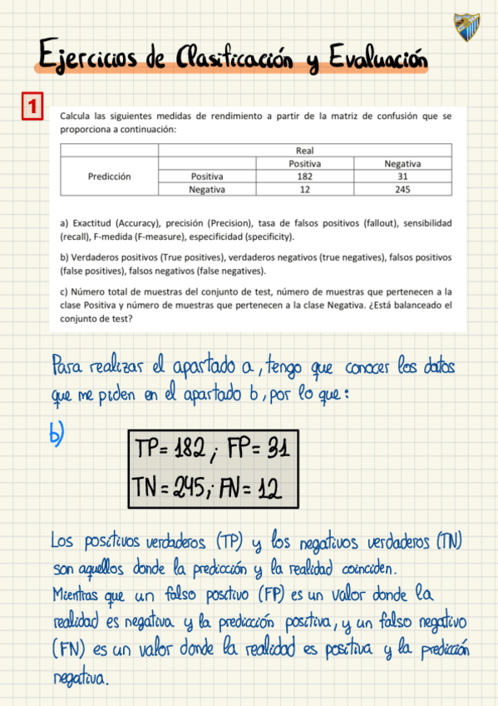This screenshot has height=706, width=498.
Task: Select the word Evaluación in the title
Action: (376, 59)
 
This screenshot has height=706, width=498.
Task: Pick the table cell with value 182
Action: (304, 176)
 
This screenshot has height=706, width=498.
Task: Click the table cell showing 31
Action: (402, 176)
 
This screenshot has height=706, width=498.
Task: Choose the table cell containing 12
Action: (304, 189)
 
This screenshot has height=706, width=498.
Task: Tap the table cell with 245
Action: (402, 189)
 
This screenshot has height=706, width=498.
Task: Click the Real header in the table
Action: (304, 151)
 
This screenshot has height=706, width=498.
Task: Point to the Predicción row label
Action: (109, 176)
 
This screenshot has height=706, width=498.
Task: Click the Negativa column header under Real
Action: (402, 164)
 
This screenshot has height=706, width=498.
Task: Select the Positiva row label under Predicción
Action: (207, 176)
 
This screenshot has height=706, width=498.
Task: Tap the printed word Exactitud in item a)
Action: (92, 225)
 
